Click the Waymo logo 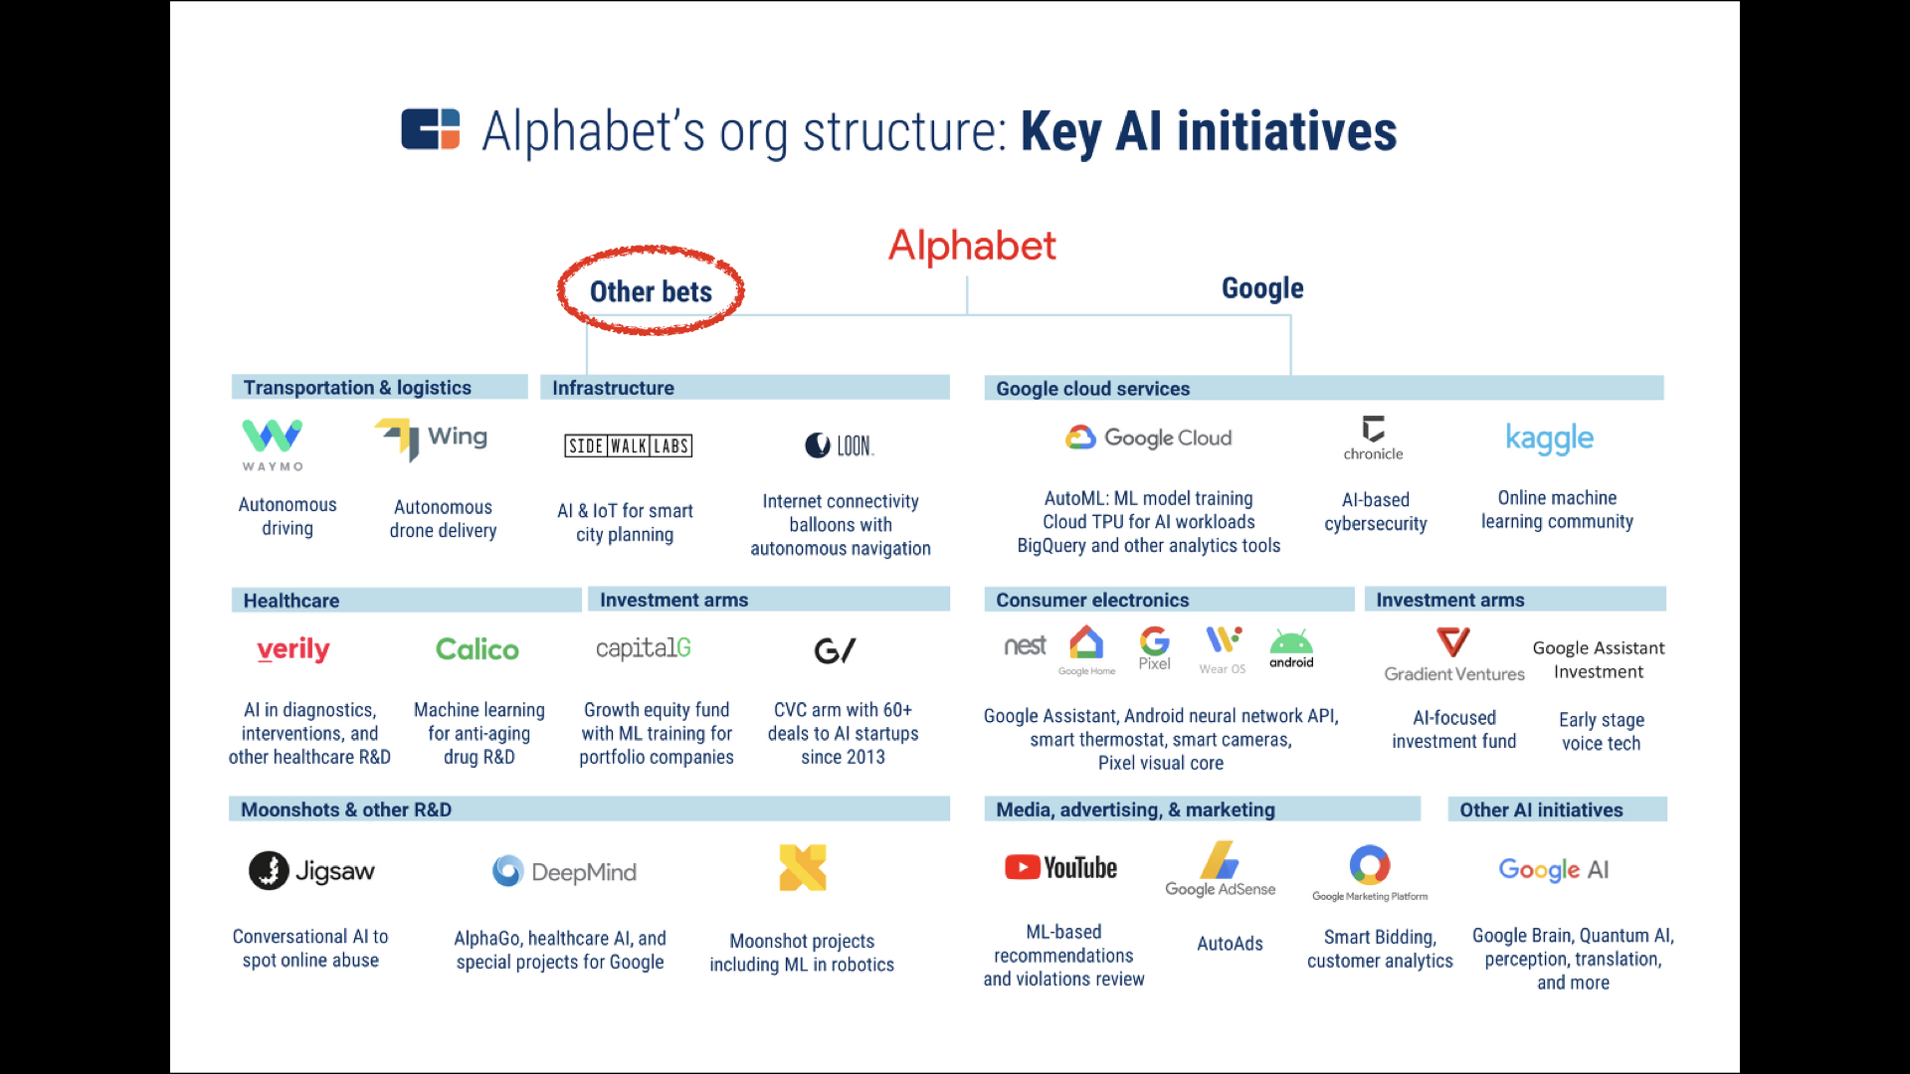[273, 444]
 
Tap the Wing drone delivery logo [432, 438]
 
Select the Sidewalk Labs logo [628, 446]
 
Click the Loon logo [839, 446]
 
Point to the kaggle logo [1549, 439]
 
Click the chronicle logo [1373, 438]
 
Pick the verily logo [293, 649]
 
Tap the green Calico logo [477, 649]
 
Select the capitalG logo [644, 648]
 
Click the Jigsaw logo [311, 871]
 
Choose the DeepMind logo [564, 872]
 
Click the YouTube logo [1060, 867]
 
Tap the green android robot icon [1291, 643]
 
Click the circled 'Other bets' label [651, 291]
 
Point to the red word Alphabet [972, 246]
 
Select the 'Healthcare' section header [291, 601]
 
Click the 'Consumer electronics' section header [1092, 600]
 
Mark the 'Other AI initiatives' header [1541, 809]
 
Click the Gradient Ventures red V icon [1453, 641]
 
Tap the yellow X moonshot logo [803, 867]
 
